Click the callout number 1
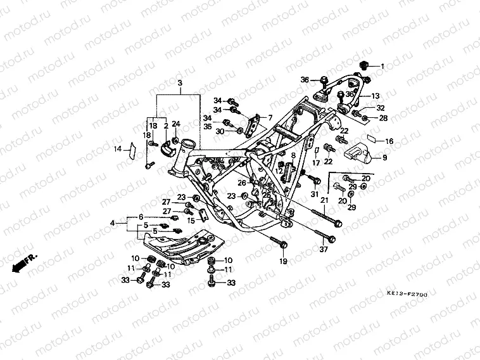tap(382, 65)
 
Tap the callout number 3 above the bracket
tap(179, 84)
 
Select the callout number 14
tap(117, 150)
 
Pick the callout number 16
tap(389, 141)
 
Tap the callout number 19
tap(282, 260)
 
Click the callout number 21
tap(324, 200)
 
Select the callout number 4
tap(113, 222)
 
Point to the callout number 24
tap(176, 124)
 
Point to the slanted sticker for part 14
tap(131, 150)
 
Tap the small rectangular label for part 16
tap(372, 141)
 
